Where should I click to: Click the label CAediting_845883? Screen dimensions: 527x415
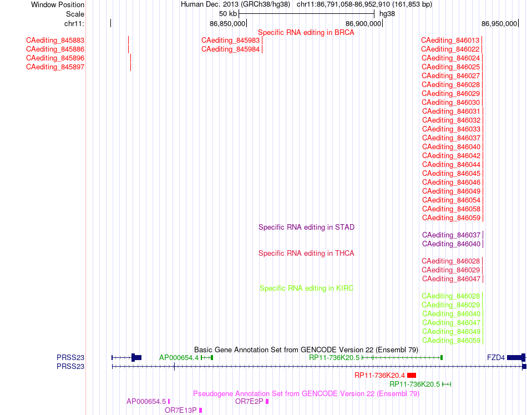coord(55,41)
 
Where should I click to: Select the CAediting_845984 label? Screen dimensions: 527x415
coord(231,49)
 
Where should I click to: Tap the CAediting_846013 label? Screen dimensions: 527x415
coord(450,41)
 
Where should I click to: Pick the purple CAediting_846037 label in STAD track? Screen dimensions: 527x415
coord(452,235)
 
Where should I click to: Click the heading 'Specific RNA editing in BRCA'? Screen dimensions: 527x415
coord(306,33)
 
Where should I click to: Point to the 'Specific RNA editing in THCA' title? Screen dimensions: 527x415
coord(306,254)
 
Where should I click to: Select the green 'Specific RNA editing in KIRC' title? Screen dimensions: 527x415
coord(307,289)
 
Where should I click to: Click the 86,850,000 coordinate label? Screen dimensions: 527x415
coord(227,23)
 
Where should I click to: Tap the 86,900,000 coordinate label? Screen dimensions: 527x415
coord(363,23)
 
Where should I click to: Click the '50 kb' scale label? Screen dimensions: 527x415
coord(228,14)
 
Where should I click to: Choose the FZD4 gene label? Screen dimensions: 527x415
coord(496,357)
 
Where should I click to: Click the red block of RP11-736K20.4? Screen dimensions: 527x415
coord(412,376)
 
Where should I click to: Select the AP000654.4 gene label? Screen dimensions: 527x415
coord(179,357)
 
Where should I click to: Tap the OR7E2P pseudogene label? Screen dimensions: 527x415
coord(249,402)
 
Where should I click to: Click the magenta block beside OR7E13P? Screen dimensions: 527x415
coord(201,411)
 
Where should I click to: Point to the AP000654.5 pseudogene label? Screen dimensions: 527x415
coord(146,402)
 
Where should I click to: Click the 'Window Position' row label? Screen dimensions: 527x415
coord(58,4)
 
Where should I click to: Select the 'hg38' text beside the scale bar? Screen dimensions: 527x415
coord(387,14)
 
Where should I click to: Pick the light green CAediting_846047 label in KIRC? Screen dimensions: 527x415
coord(452,323)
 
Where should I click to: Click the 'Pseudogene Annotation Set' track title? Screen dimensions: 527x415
coord(306,394)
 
